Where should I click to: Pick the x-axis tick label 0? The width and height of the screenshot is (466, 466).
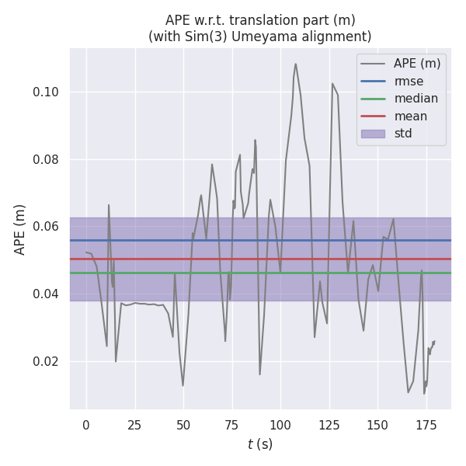click(86, 425)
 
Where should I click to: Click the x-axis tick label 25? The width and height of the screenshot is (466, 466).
click(134, 425)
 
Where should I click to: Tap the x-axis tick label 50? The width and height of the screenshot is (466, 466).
click(183, 425)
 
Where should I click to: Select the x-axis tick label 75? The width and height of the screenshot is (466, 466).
click(231, 425)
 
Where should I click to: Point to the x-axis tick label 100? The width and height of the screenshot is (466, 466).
click(280, 425)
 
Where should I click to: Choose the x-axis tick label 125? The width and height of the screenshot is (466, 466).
click(329, 425)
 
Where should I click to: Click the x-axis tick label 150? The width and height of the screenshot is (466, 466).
click(377, 425)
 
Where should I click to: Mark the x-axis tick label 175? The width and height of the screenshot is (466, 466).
click(426, 425)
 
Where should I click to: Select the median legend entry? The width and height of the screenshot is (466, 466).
click(416, 99)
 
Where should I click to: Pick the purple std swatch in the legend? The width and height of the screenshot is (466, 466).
click(373, 134)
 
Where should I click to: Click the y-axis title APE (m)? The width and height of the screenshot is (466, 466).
click(20, 229)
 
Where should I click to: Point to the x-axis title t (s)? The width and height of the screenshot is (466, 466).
click(260, 444)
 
